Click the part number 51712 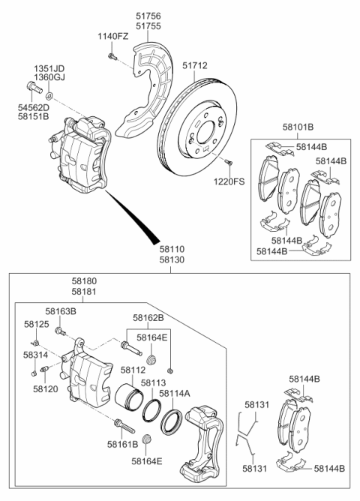click(x=195, y=65)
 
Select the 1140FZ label click(x=112, y=37)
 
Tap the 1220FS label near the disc click(x=229, y=181)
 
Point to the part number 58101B click(x=298, y=127)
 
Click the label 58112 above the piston click(x=133, y=370)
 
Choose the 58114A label click(x=175, y=393)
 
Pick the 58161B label click(x=123, y=444)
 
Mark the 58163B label click(x=61, y=311)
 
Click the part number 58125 click(x=37, y=324)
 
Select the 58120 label click(x=46, y=388)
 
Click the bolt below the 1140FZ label click(x=112, y=57)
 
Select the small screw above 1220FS click(x=228, y=162)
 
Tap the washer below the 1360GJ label click(x=49, y=95)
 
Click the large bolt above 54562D click(x=33, y=87)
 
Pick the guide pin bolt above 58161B click(x=124, y=426)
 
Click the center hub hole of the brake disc click(x=205, y=132)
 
